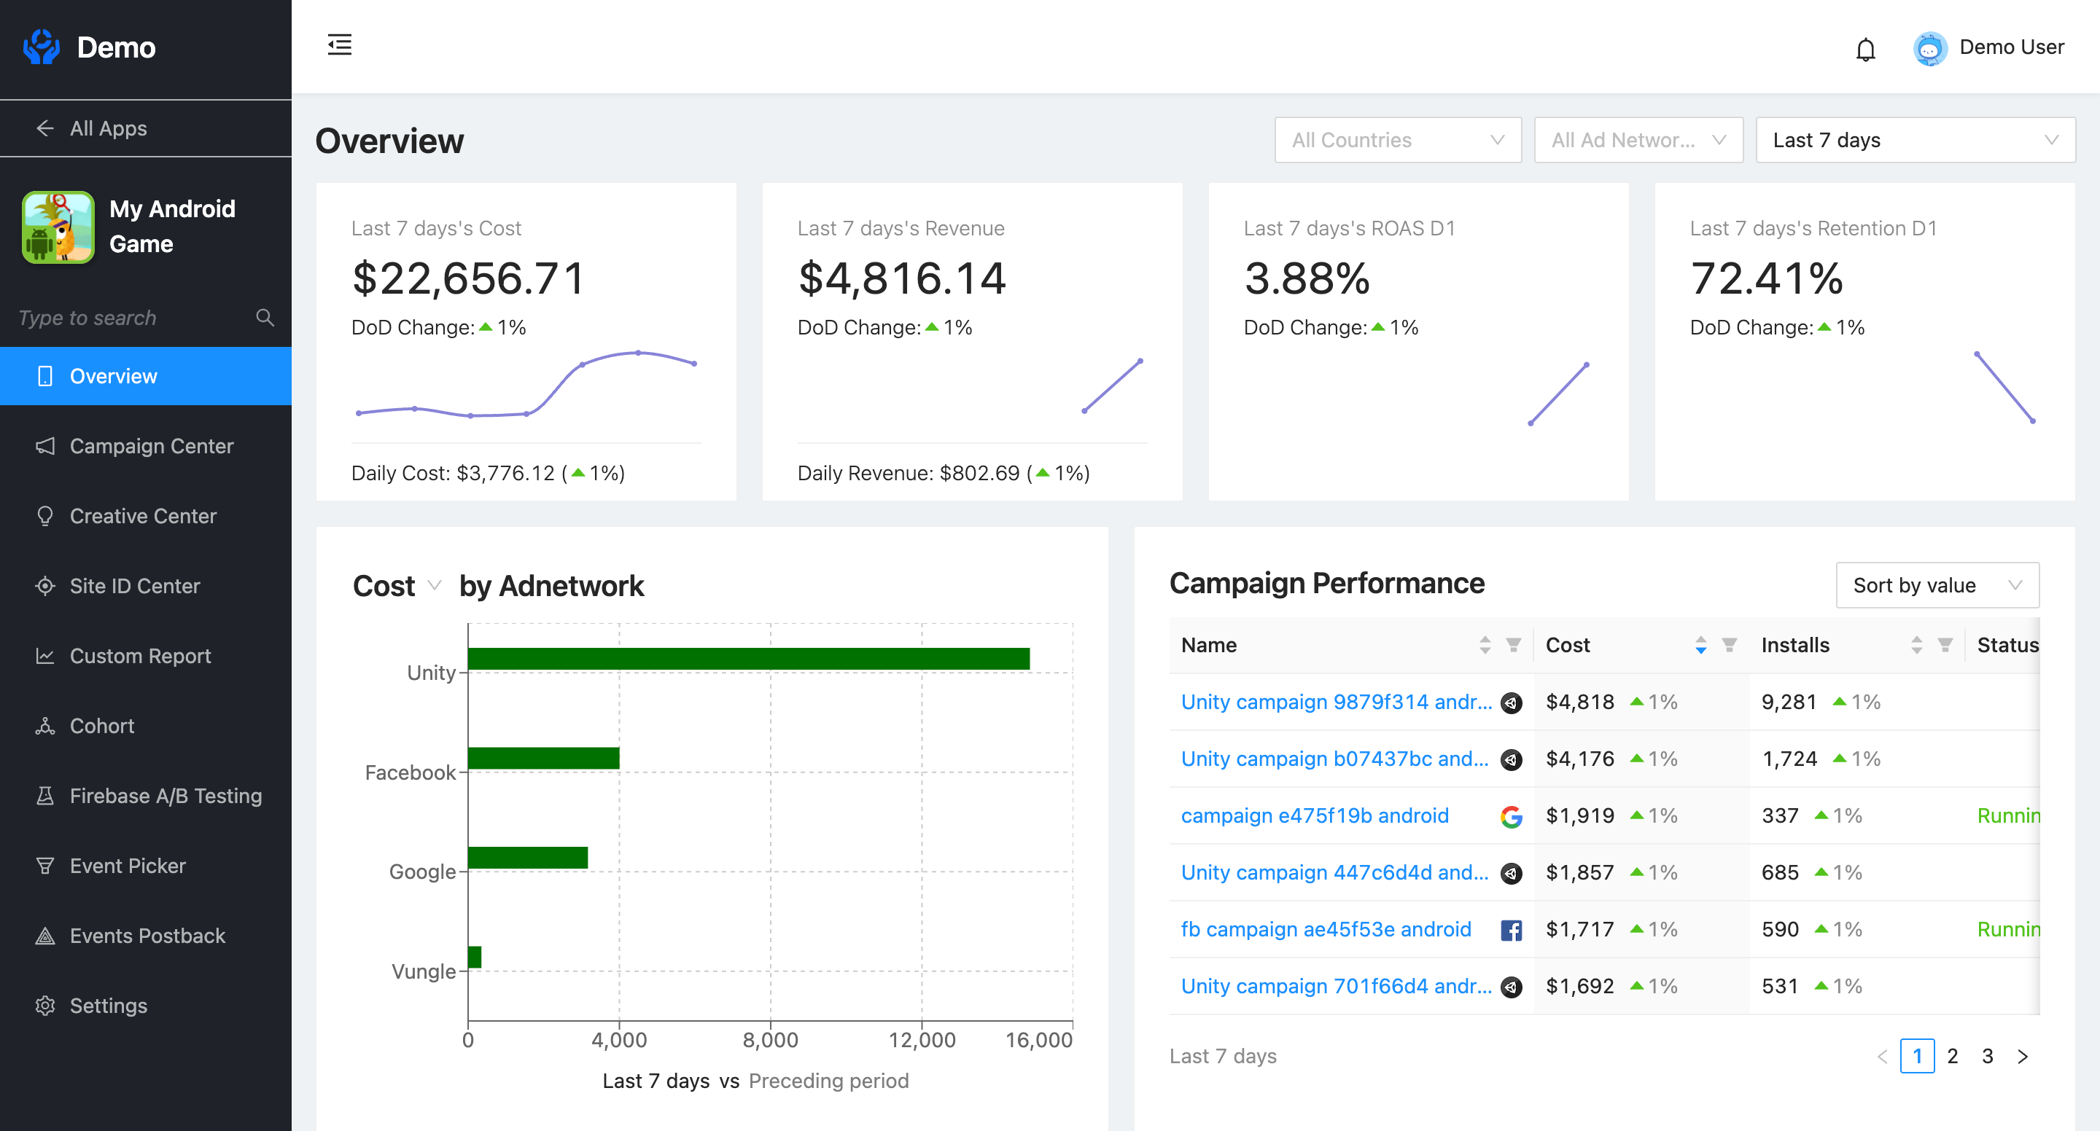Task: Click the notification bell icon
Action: [1865, 50]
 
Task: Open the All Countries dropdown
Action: [1397, 140]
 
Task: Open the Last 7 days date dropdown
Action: [1914, 140]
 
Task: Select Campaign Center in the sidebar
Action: [152, 446]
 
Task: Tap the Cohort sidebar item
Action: [102, 725]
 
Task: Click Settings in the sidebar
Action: [109, 1005]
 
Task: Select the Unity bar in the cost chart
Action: [747, 658]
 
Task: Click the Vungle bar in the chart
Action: [475, 957]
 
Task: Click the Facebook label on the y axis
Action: [409, 772]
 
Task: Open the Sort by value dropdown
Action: [1936, 585]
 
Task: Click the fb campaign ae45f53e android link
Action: [1326, 929]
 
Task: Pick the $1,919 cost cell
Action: [1579, 815]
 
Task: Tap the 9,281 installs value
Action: [1789, 702]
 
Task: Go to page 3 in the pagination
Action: [1987, 1056]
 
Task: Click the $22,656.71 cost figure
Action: [469, 278]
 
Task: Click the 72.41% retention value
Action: [1766, 278]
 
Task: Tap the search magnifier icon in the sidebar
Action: [264, 317]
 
